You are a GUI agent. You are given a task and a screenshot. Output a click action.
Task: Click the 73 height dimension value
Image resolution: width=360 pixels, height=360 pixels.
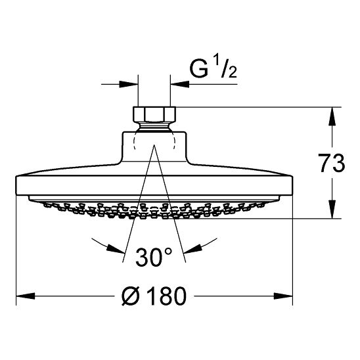pos(331,163)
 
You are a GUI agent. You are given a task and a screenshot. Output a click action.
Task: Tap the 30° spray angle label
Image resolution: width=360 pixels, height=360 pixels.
pos(154,257)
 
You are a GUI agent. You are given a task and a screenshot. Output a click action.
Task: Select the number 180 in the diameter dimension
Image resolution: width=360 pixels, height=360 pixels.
pos(166,296)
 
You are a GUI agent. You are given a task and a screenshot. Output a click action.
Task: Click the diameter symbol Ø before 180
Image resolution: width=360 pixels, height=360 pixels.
pos(131,296)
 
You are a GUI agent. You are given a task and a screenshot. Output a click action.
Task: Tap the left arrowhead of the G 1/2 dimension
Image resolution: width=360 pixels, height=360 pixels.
pos(129,84)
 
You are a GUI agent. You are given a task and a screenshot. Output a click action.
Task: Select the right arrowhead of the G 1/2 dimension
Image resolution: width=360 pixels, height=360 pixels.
pos(180,84)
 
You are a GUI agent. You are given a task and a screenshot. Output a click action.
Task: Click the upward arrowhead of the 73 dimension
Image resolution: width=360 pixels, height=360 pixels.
pos(332,117)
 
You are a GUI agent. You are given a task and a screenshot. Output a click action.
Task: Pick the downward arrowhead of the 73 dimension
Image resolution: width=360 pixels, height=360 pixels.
pos(332,209)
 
